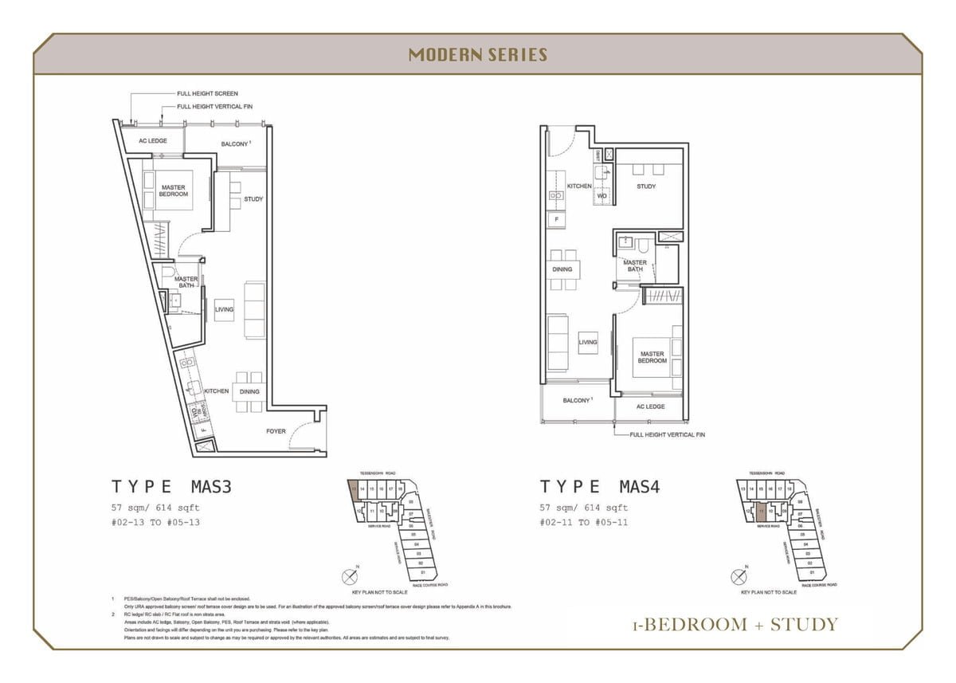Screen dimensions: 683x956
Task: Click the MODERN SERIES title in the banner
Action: (x=477, y=55)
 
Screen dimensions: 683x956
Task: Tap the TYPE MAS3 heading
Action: (x=171, y=487)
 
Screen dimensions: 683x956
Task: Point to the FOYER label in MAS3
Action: (x=276, y=431)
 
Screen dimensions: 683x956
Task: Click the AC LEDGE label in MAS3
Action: (x=152, y=141)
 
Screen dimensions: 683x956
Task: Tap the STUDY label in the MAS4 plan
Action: (x=646, y=186)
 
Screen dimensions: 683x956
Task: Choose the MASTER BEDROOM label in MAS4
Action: (x=652, y=357)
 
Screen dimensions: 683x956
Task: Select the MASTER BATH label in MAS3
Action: (x=186, y=282)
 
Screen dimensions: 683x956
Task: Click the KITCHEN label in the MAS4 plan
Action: (x=579, y=186)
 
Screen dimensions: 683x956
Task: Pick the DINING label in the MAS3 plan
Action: (x=249, y=391)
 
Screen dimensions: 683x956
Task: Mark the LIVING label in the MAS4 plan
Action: (x=587, y=343)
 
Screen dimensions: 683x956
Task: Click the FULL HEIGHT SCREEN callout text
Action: (x=207, y=94)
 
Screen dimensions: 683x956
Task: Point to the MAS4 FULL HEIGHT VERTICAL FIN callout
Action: (x=667, y=435)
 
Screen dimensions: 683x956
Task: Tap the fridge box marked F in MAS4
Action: (x=554, y=218)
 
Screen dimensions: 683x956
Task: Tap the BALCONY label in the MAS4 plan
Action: (x=576, y=400)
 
